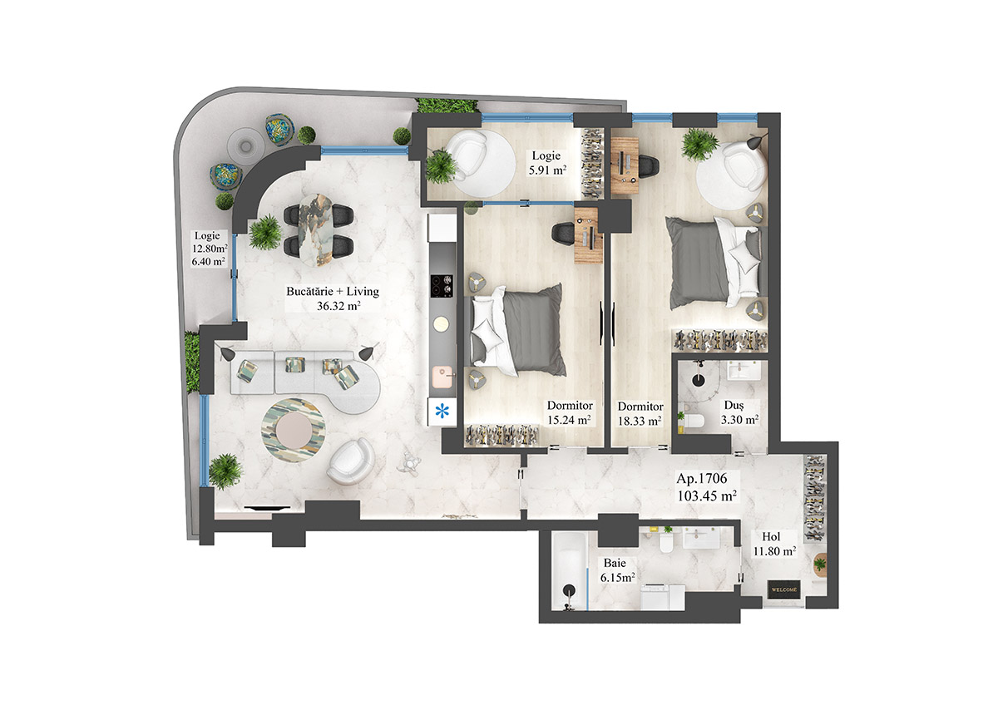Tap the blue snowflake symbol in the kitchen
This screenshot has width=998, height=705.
point(442,410)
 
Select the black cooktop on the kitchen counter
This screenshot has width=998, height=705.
point(442,286)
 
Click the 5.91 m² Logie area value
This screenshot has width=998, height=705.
point(547,170)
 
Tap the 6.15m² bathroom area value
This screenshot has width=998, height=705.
point(618,576)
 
